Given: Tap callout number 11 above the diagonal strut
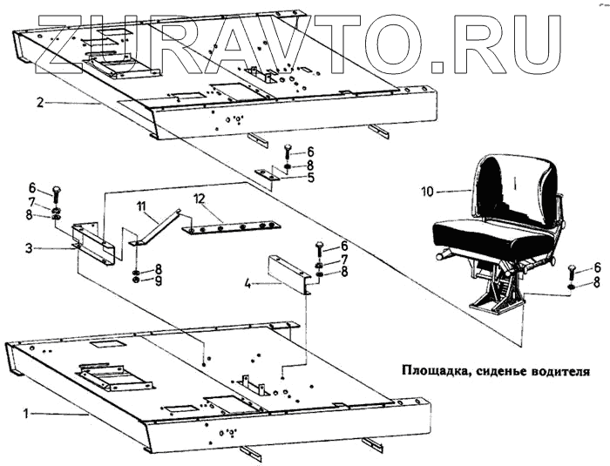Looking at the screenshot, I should (x=139, y=206).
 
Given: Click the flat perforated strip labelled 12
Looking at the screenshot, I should (x=232, y=227).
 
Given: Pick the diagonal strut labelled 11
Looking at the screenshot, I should (x=157, y=226).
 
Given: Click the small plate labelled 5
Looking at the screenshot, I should (x=266, y=175).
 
